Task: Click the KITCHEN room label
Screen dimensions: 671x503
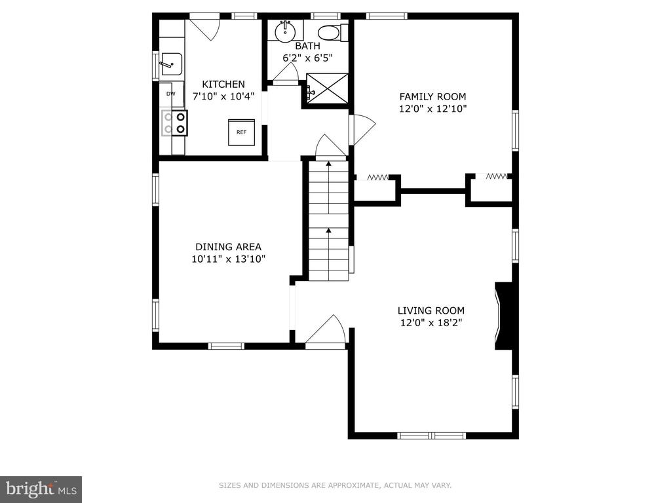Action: [x=223, y=84]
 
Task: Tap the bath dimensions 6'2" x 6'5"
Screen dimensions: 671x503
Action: [x=308, y=58]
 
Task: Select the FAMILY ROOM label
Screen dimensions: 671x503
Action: [x=432, y=97]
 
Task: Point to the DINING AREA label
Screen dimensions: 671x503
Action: [x=228, y=247]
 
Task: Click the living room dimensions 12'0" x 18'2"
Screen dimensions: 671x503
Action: [x=431, y=322]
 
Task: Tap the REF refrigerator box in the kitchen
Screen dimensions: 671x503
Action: [x=241, y=132]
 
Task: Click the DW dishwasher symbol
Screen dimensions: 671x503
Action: [x=171, y=94]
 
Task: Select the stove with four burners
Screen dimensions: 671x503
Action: [x=174, y=123]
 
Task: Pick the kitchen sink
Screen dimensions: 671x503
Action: [x=172, y=64]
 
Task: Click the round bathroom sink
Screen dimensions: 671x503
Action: [x=285, y=31]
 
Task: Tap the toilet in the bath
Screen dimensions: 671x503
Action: [x=333, y=33]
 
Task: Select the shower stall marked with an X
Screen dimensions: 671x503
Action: [x=328, y=88]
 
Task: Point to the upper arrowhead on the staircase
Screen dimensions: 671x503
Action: [x=329, y=163]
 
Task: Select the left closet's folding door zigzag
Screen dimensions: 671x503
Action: [x=378, y=177]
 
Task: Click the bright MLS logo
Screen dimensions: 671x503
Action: [x=41, y=488]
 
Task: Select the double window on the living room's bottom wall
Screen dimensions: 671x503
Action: [x=431, y=436]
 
